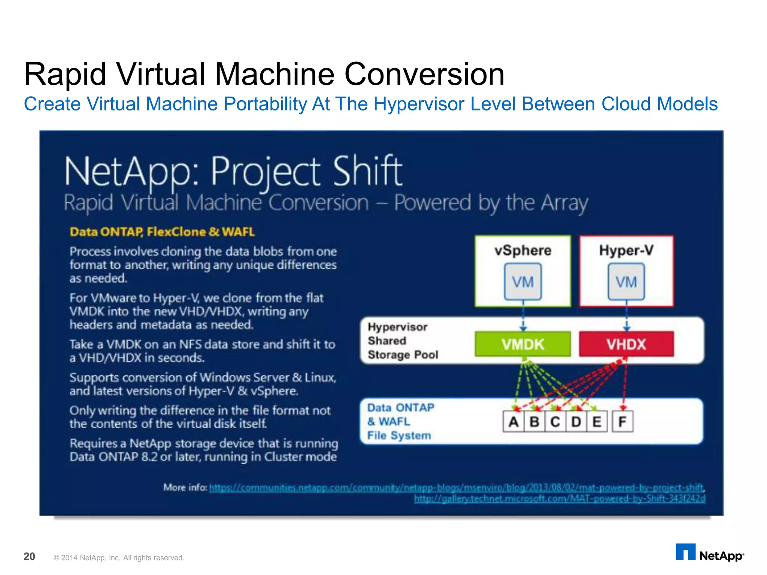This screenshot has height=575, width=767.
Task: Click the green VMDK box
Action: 523,344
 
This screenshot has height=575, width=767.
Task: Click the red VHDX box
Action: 626,344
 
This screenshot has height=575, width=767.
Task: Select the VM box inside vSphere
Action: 523,282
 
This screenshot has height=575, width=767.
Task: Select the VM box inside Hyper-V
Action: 626,282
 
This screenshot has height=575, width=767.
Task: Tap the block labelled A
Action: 513,422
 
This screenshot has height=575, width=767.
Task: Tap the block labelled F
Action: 622,422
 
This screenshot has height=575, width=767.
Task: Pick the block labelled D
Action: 576,422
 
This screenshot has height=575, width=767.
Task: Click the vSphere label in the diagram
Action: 523,250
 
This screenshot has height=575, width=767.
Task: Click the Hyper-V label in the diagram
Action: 626,250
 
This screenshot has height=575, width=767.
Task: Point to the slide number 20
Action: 29,557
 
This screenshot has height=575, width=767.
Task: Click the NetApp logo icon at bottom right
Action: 685,553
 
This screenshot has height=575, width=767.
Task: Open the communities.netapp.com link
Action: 456,488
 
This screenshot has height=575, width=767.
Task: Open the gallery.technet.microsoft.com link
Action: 560,499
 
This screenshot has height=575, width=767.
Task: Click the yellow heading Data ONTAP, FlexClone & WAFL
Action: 162,232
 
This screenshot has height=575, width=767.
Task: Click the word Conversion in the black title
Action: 424,74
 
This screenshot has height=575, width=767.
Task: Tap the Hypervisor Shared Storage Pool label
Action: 403,341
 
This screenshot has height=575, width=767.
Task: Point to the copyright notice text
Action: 119,558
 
